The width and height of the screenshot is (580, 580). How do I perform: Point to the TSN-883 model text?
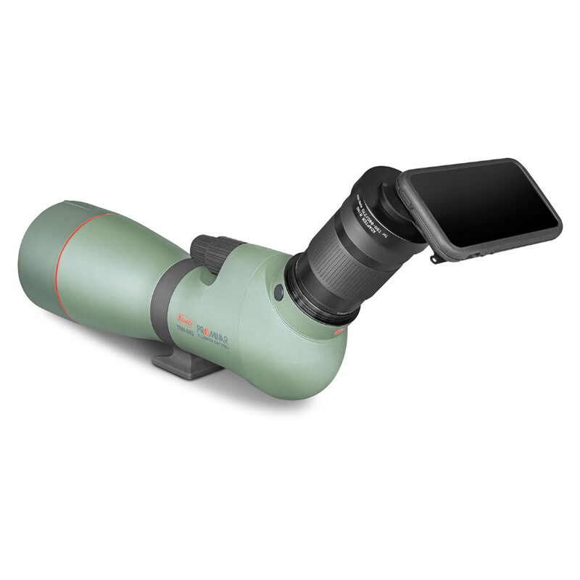click(186, 329)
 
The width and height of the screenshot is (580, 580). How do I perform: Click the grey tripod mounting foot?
click(186, 366)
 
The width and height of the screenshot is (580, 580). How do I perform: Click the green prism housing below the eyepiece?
click(290, 348)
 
